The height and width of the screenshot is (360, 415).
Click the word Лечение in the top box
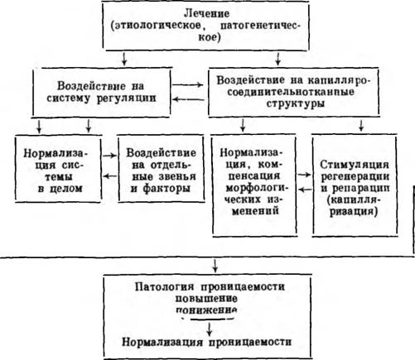coord(207,13)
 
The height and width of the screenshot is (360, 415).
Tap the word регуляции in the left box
coord(127,98)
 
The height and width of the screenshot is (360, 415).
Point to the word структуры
coord(295,103)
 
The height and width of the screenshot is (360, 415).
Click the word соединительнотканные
coord(291,92)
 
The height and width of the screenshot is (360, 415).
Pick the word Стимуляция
coord(355,165)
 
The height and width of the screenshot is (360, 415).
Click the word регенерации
coord(355,176)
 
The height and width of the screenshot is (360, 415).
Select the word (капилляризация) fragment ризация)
coord(354,212)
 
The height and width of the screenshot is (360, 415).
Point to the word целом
coord(66,189)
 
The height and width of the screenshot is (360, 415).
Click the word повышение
coord(206,299)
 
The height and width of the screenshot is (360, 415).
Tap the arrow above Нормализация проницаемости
coord(210,329)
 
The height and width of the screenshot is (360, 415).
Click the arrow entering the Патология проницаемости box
coord(215,266)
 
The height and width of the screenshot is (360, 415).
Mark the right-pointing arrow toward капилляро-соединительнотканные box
coord(188,84)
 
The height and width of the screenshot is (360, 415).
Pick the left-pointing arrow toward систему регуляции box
coord(188,99)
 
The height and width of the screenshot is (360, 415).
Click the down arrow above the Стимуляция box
coord(361,125)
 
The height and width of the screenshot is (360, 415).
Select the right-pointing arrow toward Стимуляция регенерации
coord(304,175)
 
